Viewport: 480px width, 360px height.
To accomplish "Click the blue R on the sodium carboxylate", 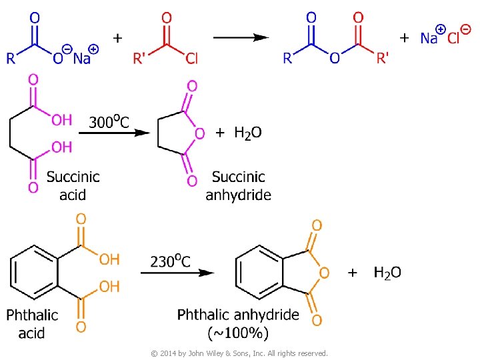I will tap(11, 58).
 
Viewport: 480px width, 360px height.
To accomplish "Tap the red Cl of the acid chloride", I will tap(191, 59).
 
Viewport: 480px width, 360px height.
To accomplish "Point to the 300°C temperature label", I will tap(109, 121).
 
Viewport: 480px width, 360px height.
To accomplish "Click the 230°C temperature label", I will tap(170, 261).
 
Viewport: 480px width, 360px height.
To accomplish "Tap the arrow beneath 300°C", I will tap(114, 133).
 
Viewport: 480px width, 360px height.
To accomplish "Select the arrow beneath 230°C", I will tap(177, 272).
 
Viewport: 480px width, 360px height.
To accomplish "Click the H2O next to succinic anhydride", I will tap(247, 133).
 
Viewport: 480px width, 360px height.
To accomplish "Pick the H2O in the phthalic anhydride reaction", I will tap(387, 272).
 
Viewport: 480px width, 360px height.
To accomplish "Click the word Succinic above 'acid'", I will tap(73, 177).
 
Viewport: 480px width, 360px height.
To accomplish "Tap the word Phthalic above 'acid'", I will tap(32, 314).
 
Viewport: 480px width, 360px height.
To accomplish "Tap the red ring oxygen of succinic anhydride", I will tap(199, 133).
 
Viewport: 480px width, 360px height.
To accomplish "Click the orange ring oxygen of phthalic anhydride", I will tap(324, 272).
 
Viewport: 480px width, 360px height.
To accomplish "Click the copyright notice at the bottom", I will tap(239, 353).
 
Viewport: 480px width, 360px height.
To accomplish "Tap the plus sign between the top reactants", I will tap(117, 38).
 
